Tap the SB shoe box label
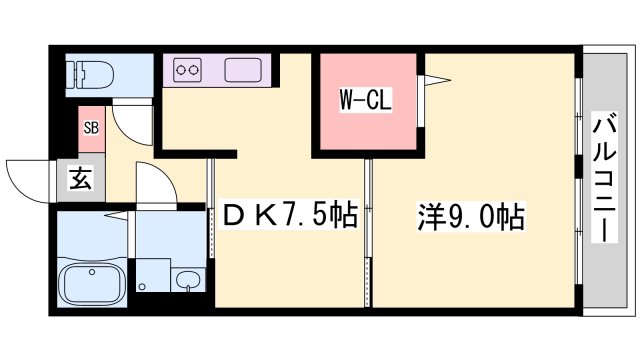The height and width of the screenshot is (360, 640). coord(90,127)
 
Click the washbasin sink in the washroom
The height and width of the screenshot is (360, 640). coord(186,279)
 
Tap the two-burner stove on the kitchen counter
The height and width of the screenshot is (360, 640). coord(188,70)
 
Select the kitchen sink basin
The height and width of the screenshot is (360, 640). coord(243,70)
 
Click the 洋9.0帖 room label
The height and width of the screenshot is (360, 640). coord(470,215)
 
